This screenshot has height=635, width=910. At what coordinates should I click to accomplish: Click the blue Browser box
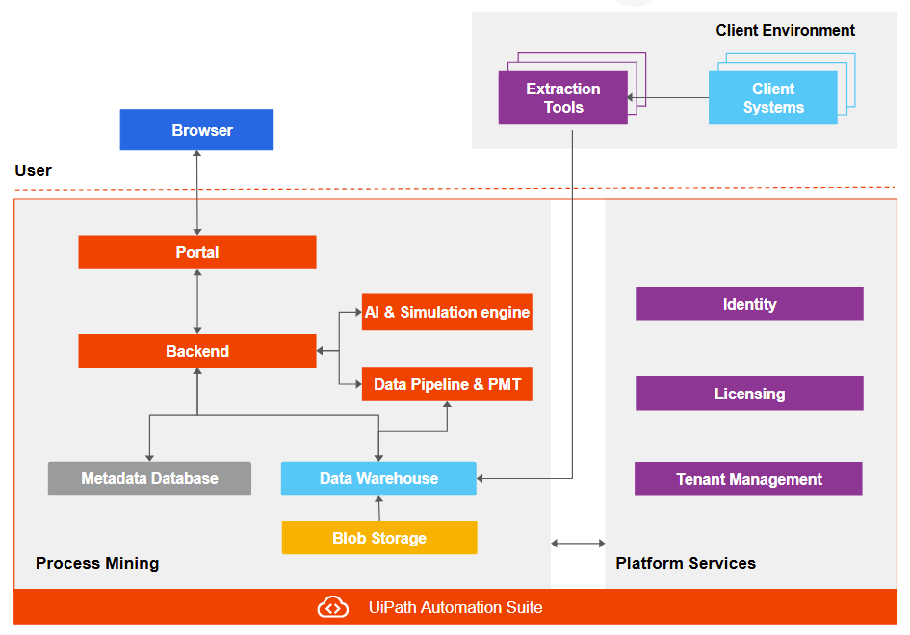pos(196,130)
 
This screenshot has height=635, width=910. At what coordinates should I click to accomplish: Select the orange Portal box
pos(197,252)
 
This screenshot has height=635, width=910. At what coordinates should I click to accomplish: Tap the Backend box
pos(197,351)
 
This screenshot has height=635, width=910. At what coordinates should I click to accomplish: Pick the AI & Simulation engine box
pos(447,312)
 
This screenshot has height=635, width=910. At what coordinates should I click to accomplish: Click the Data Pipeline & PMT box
pos(447,384)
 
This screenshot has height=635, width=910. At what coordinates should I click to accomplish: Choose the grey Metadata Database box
pos(149,478)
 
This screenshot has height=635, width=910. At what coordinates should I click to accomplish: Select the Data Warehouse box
pos(378,478)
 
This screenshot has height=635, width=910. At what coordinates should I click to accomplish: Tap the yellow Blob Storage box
pos(378,538)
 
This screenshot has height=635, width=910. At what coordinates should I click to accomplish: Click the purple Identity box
pos(749,304)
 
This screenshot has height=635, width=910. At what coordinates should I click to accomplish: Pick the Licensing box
pos(749,394)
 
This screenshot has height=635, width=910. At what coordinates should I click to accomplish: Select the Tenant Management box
pos(748,479)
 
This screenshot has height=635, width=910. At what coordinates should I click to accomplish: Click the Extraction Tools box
pos(562,98)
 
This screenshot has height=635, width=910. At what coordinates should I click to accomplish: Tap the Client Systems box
pos(772,98)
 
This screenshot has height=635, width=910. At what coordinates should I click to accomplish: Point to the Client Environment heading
pos(785,30)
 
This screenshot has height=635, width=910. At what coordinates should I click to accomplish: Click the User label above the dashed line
pos(34,170)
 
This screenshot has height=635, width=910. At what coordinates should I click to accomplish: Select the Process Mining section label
pos(97,563)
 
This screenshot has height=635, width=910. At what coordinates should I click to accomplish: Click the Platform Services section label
pos(686,563)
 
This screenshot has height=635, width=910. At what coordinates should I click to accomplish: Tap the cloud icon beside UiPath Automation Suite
pos(332,607)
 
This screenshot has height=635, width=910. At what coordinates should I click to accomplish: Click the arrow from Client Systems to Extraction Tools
pos(668,97)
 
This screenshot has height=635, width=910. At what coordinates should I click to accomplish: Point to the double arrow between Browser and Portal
pos(197,192)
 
